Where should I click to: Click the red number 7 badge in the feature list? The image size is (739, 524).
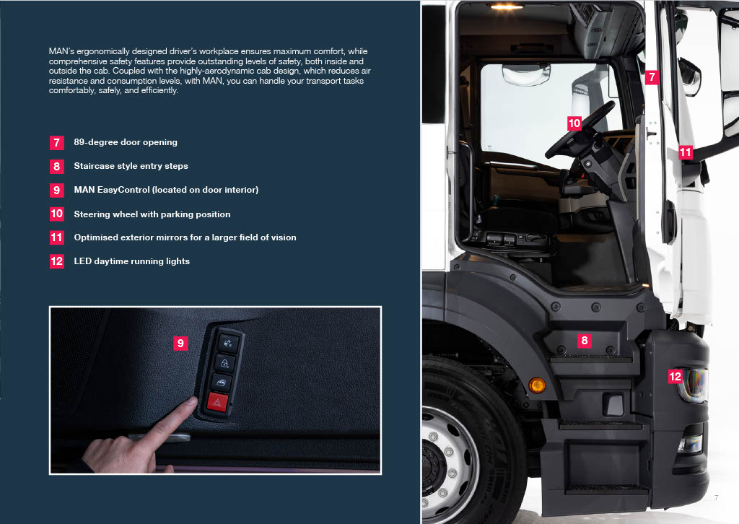coord(56,142)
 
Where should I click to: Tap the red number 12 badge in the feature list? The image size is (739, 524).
coord(56,261)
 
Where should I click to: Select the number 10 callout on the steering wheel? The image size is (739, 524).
coord(574,123)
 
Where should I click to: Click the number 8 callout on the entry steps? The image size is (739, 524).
coord(585,340)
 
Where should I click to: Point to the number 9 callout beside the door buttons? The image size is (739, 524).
coord(180,343)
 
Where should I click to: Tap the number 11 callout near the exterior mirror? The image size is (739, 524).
coord(686,152)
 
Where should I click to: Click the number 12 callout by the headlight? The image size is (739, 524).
coord(675,376)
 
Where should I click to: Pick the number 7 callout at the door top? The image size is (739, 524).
coord(652,77)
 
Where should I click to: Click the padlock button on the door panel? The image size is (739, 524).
coord(224,363)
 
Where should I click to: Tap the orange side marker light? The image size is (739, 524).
coord(537,385)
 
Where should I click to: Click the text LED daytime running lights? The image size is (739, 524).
coord(132,261)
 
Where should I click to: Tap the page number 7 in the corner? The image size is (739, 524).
coord(717,497)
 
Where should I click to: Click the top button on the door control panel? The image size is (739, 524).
coord(228,343)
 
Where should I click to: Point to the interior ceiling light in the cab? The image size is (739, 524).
coord(507,7)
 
